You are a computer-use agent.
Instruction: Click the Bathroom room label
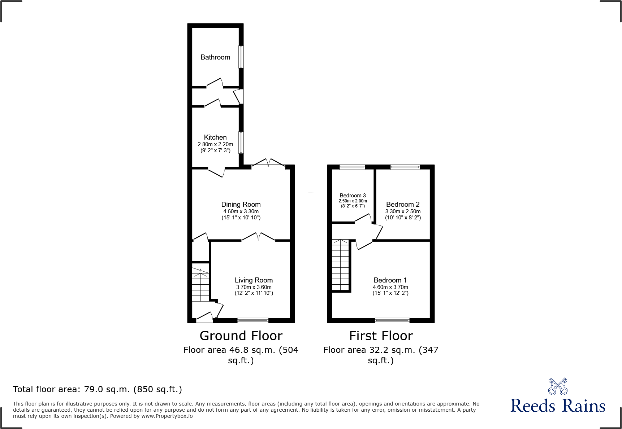pyautogui.click(x=215, y=57)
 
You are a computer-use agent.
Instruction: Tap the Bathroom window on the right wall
pyautogui.click(x=241, y=57)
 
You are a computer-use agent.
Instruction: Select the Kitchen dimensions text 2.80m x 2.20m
pyautogui.click(x=215, y=144)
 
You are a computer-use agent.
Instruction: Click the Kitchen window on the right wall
pyautogui.click(x=241, y=143)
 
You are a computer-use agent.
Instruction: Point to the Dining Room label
pyautogui.click(x=241, y=204)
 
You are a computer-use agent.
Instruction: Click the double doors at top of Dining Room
pyautogui.click(x=268, y=163)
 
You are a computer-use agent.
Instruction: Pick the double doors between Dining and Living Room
pyautogui.click(x=258, y=237)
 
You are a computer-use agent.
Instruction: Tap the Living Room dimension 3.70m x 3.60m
pyautogui.click(x=254, y=287)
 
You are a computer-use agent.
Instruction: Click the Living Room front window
pyautogui.click(x=253, y=320)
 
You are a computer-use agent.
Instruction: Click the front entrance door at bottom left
pyautogui.click(x=204, y=318)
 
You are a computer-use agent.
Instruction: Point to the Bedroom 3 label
pyautogui.click(x=353, y=196)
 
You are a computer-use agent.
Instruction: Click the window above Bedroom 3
pyautogui.click(x=352, y=167)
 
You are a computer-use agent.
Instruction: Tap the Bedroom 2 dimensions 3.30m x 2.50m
pyautogui.click(x=403, y=211)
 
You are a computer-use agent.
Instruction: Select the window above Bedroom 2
pyautogui.click(x=405, y=167)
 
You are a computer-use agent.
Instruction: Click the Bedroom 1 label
pyautogui.click(x=390, y=280)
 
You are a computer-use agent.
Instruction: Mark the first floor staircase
pyautogui.click(x=341, y=265)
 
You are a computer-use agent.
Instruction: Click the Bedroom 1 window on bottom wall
pyautogui.click(x=392, y=320)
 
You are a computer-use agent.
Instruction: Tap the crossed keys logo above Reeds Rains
pyautogui.click(x=558, y=386)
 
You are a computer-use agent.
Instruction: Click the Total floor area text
pyautogui.click(x=98, y=389)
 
